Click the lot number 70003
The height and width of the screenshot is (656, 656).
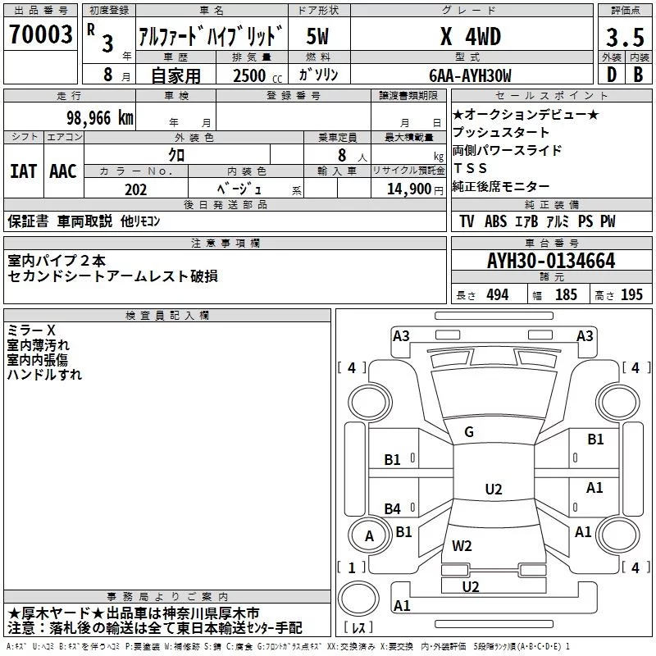[x=39, y=34]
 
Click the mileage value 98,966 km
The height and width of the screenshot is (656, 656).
[x=100, y=117]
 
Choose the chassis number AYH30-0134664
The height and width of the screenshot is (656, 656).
[x=551, y=261]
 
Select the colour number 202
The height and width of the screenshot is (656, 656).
[x=136, y=189]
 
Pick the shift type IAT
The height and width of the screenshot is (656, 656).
[x=23, y=171]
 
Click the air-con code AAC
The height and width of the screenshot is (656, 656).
[x=62, y=171]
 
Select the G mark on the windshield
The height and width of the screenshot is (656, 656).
[x=468, y=432]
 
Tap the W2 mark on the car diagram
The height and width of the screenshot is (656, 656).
[x=462, y=545]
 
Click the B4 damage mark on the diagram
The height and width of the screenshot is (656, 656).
[x=393, y=508]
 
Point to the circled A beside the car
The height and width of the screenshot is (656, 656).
[x=369, y=536]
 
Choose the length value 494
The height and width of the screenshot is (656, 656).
[x=497, y=295]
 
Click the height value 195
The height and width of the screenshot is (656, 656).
[x=631, y=295]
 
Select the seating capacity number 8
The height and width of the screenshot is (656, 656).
[x=339, y=155]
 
